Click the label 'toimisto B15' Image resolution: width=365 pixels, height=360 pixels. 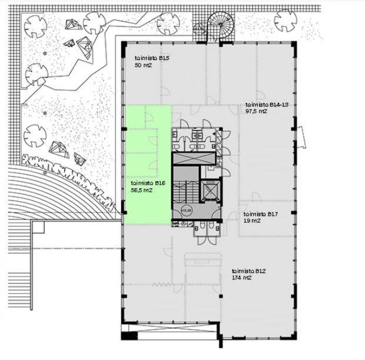pos(152,58)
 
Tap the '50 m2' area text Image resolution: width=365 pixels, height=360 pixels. pos(143,65)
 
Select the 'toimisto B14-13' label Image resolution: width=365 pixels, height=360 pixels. pos(267,105)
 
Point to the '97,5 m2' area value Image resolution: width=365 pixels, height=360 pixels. pos(256,111)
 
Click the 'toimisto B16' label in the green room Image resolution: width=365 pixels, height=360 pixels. pos(148,184)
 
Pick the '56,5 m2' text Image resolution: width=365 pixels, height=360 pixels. pos(141,190)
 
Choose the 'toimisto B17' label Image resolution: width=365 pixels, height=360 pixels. pos(260,214)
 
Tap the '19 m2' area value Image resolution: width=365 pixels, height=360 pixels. pos(252,221)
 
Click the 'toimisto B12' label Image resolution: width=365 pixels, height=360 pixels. pos(248,271)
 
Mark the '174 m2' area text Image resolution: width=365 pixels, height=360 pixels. pos(241,278)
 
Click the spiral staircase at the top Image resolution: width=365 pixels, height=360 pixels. pos(220,24)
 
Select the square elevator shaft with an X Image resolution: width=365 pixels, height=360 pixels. pos(210,190)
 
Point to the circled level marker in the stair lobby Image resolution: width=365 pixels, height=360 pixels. pos(186,211)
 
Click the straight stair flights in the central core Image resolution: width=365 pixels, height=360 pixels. pos(186,191)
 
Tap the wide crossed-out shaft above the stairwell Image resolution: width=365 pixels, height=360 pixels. pos(193,158)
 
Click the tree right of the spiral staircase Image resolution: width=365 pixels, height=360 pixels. pos(286,21)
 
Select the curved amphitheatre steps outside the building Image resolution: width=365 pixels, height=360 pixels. pos(58,193)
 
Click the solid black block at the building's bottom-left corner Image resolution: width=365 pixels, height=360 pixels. pos(130,335)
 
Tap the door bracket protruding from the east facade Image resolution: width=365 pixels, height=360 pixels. pos(301,137)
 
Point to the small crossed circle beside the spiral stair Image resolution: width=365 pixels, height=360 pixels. pos(199,29)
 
